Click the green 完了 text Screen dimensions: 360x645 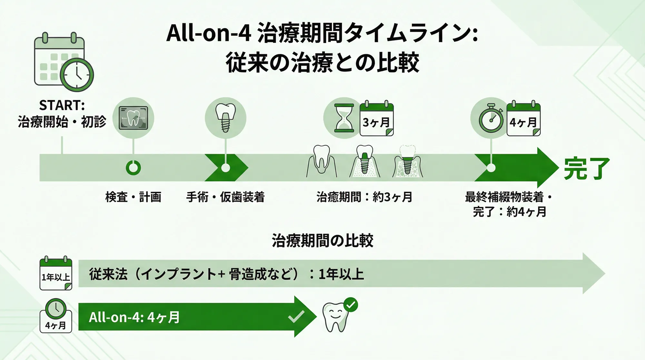587,168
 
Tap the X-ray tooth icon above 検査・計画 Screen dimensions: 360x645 133,118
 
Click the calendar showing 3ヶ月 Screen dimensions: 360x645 377,119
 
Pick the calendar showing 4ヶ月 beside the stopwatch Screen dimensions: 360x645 523,119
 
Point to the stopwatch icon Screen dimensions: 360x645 491,119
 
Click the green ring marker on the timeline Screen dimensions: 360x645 133,168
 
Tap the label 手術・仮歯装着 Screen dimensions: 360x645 225,197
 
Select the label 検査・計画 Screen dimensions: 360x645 133,197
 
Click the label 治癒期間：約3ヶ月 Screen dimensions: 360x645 364,197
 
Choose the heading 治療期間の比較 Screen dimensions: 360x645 322,241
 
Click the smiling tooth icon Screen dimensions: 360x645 335,317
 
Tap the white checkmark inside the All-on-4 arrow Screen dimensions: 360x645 296,317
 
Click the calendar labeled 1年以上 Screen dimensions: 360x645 56,274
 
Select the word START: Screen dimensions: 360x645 62,105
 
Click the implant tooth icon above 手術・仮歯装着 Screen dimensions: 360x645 225,118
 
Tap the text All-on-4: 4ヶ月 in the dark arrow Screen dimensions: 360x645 134,317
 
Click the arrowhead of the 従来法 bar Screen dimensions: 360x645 593,274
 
